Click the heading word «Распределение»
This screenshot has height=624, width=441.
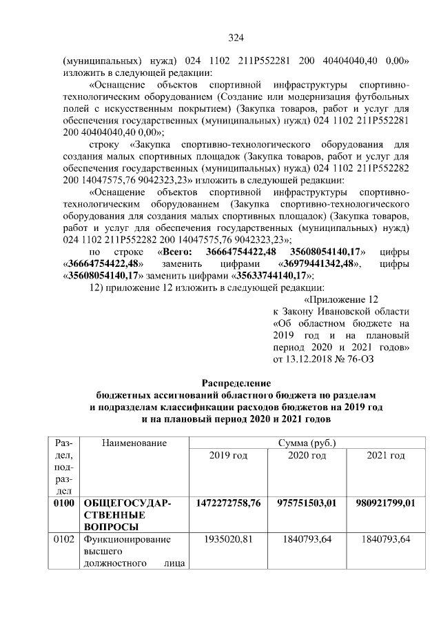point(236,383)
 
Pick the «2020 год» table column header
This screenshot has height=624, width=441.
point(307,456)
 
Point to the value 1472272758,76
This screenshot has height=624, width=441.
point(228,503)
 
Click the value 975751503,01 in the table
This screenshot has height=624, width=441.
point(307,503)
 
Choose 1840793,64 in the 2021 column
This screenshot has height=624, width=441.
point(385,539)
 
